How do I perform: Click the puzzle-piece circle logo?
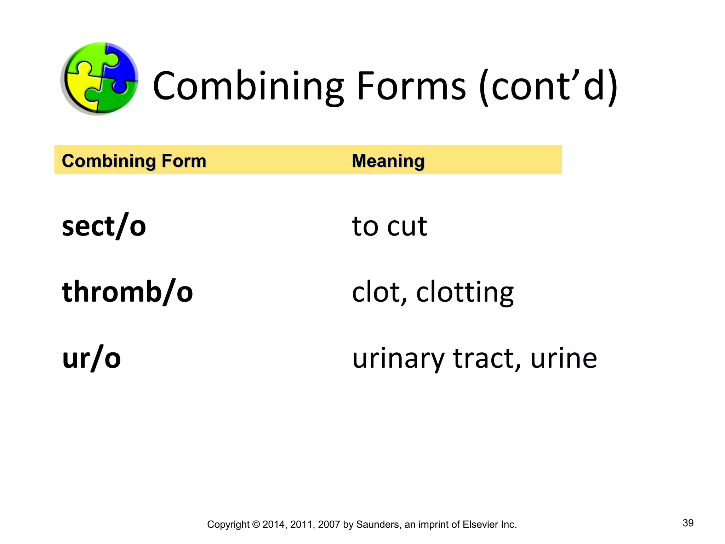(99, 79)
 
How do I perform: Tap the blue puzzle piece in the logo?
(122, 66)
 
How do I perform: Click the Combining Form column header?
(134, 161)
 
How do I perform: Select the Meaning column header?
(388, 161)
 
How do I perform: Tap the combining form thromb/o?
(127, 292)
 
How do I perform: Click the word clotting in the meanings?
(465, 293)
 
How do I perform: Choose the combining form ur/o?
(92, 358)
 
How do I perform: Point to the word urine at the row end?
(564, 358)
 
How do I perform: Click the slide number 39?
(688, 523)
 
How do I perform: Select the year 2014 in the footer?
(273, 525)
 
